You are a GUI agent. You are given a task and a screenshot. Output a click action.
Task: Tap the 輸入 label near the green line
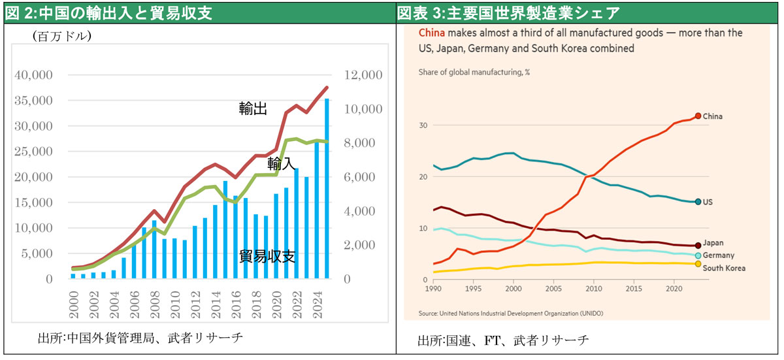pyautogui.click(x=282, y=163)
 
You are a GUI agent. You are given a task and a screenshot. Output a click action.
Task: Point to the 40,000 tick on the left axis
pyautogui.click(x=33, y=76)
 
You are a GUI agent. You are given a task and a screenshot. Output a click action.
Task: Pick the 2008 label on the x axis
pyautogui.click(x=154, y=306)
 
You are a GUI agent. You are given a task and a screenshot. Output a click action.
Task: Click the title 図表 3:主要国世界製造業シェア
pyautogui.click(x=508, y=12)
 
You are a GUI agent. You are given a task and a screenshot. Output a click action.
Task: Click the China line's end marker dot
pyautogui.click(x=698, y=116)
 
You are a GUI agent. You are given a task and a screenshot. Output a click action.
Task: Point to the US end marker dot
pyautogui.click(x=698, y=202)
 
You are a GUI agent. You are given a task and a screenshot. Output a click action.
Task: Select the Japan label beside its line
pyautogui.click(x=713, y=243)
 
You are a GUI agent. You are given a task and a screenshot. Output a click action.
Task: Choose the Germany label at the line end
pyautogui.click(x=719, y=255)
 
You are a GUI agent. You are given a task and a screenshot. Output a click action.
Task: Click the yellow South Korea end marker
pyautogui.click(x=698, y=264)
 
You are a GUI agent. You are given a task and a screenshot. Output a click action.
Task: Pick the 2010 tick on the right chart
pyautogui.click(x=594, y=287)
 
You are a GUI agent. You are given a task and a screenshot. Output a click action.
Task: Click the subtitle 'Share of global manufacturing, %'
pyautogui.click(x=474, y=73)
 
